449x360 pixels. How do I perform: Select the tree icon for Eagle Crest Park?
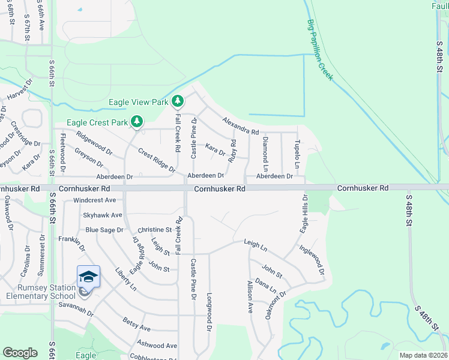(x=137, y=122)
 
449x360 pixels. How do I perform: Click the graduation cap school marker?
(x=88, y=277)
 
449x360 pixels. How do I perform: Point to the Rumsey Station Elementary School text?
(x=41, y=291)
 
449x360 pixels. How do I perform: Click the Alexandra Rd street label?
(x=240, y=126)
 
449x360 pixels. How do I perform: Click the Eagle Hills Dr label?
(x=304, y=214)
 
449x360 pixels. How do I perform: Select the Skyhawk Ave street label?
(x=103, y=215)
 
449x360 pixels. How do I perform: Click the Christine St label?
(x=155, y=230)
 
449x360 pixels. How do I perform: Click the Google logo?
(x=20, y=353)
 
